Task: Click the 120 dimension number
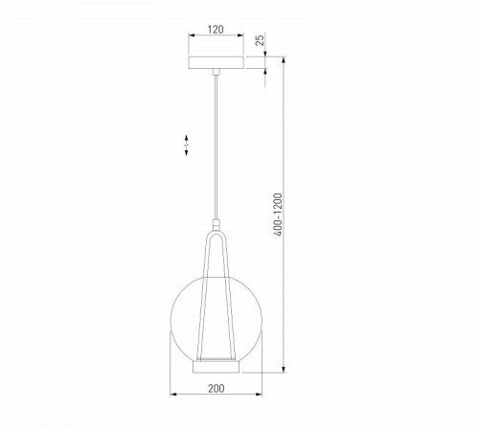tap(217, 30)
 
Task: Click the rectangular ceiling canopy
tap(217, 64)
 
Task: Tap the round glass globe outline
tap(178, 316)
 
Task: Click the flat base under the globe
tap(217, 365)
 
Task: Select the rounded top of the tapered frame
tap(218, 231)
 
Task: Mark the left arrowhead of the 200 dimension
tap(173, 395)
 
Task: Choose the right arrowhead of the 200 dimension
tap(262, 395)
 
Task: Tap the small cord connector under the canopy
tap(217, 73)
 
